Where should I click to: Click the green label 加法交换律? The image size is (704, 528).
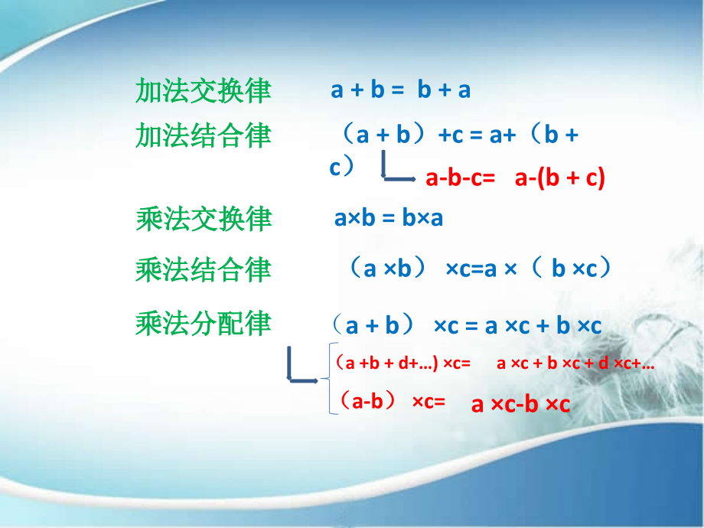click(x=203, y=90)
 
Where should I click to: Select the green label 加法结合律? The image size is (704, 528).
click(x=203, y=135)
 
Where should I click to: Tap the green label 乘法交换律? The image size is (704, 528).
click(x=203, y=219)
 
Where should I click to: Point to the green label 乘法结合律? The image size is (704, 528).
click(x=203, y=269)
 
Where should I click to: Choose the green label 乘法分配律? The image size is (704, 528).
click(x=203, y=324)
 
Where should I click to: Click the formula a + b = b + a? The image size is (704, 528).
click(x=400, y=90)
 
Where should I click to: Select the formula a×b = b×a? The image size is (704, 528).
click(x=389, y=219)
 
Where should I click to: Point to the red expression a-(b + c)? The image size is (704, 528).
click(x=559, y=178)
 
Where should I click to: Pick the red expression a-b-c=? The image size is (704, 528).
click(x=461, y=178)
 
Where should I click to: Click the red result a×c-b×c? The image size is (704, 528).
click(x=520, y=404)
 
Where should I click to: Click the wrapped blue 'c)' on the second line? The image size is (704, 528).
click(x=342, y=167)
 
